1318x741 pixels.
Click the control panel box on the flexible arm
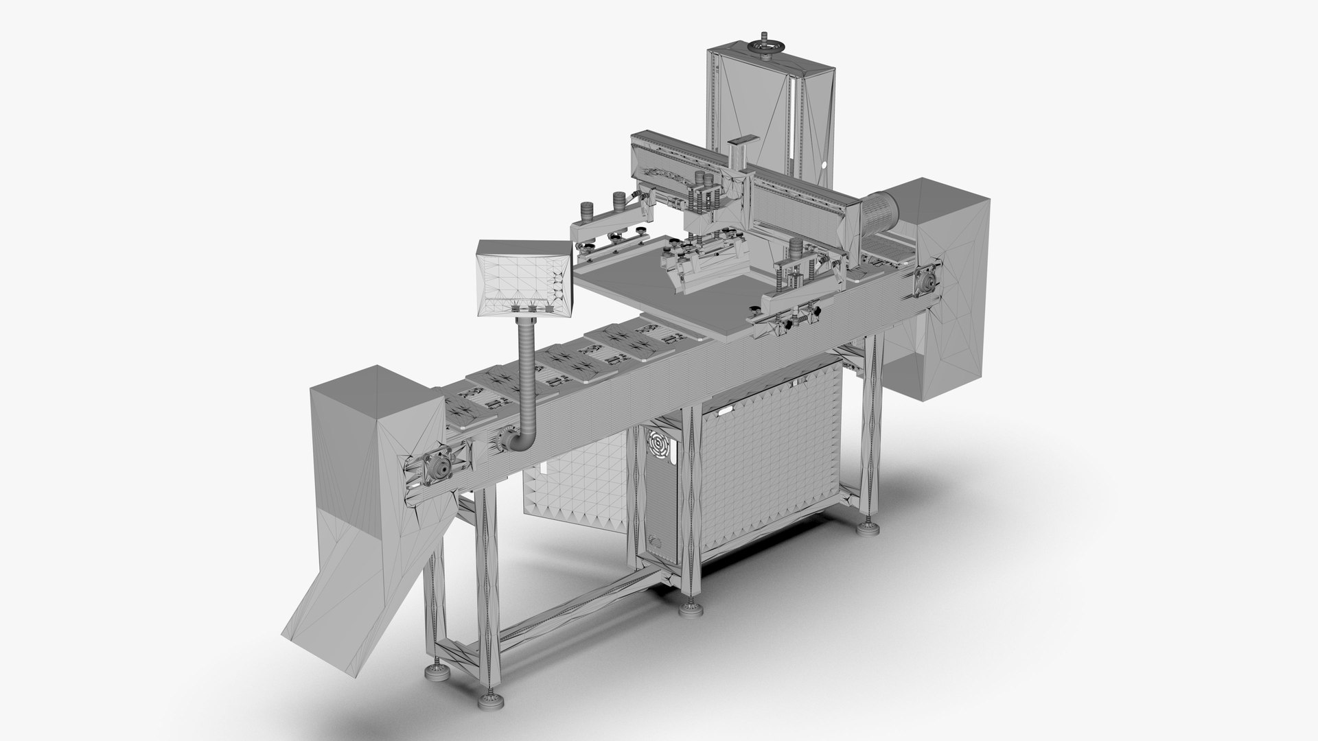click(x=523, y=279)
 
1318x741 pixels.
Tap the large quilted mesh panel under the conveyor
click(x=769, y=460)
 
